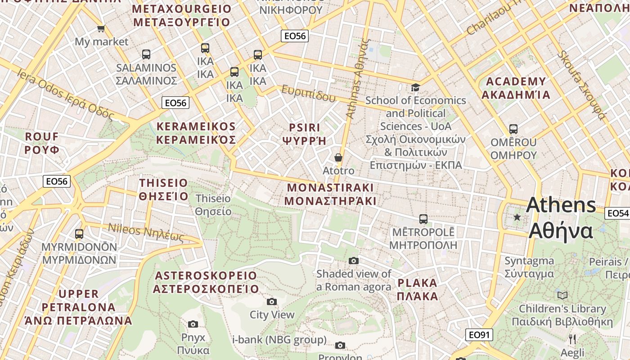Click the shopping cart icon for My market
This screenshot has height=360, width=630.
point(101,29)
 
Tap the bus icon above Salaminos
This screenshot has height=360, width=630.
point(146,54)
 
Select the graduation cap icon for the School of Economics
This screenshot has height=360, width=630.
point(415,87)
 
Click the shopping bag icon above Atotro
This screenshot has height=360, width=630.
point(338,157)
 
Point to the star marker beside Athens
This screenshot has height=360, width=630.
point(517,217)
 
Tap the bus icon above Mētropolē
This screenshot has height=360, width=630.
point(423,219)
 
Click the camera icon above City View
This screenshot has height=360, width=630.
point(272,301)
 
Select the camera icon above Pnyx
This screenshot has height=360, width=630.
point(193,324)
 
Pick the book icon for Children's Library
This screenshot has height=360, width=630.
point(562,295)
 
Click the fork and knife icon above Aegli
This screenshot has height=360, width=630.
point(572,339)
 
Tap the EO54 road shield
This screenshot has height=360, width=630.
point(617,213)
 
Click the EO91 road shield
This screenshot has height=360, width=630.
point(479,335)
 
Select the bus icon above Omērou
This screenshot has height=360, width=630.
point(513,129)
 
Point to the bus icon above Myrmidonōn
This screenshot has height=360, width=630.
point(79,234)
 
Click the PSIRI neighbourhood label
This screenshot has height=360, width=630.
point(304,128)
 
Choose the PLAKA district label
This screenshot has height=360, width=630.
point(417,283)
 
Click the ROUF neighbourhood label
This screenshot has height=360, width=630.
point(42,136)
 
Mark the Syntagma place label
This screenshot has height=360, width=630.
point(529,261)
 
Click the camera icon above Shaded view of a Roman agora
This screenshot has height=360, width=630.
point(354,261)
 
